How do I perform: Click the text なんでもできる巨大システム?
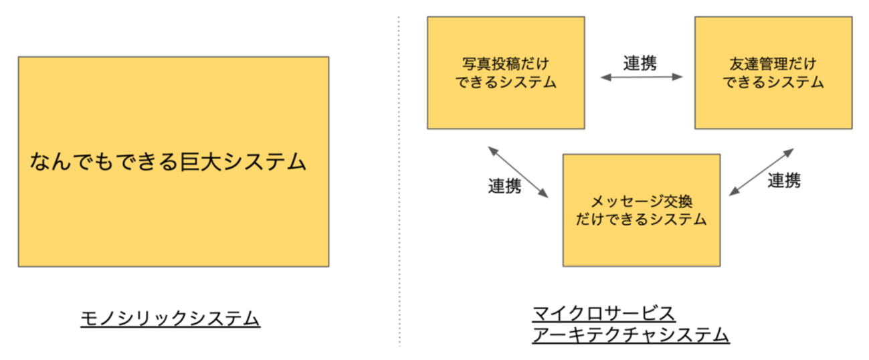168,162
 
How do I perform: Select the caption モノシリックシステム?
170,319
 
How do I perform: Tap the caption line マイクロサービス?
603,313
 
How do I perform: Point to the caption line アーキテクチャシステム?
630,335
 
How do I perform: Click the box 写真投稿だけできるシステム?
506,73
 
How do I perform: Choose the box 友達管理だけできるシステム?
773,73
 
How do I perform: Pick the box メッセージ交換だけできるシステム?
641,210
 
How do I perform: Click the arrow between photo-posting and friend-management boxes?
641,78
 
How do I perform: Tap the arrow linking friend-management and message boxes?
761,172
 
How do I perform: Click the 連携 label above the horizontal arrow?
640,63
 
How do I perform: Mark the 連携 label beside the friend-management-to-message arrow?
784,180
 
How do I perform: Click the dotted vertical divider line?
399,181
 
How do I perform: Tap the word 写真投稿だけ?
506,64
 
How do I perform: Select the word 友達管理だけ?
773,64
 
